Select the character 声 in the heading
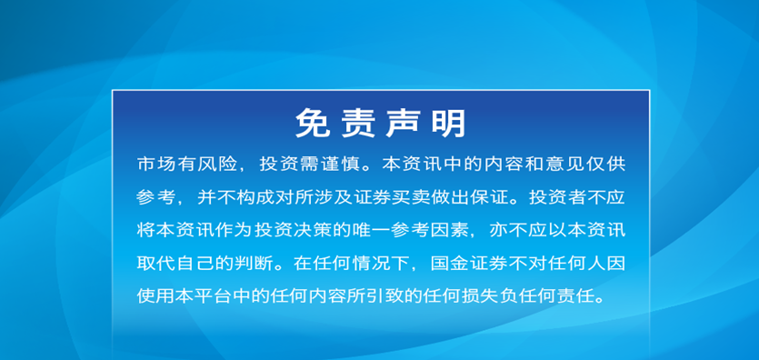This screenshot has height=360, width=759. click(404, 124)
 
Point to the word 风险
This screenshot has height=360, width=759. click(217, 165)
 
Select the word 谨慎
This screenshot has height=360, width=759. click(339, 165)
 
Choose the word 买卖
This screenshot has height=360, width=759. click(422, 197)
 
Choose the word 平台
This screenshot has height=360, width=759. click(217, 295)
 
